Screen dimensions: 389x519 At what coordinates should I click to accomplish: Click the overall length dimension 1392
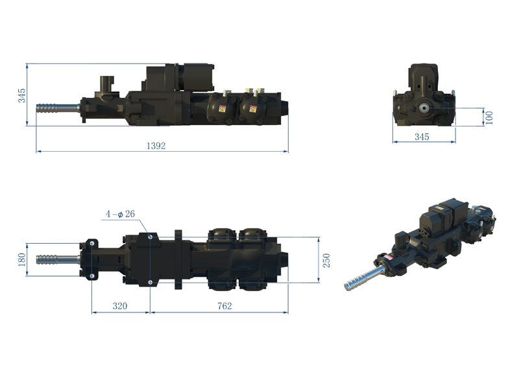pyautogui.click(x=156, y=146)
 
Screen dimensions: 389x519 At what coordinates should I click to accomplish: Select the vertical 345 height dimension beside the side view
pyautogui.click(x=21, y=95)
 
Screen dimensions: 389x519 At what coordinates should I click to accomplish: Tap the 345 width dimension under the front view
pyautogui.click(x=422, y=137)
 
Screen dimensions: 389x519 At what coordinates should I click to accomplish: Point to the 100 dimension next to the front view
pyautogui.click(x=489, y=117)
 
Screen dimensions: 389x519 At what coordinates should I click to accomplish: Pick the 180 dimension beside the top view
pyautogui.click(x=21, y=259)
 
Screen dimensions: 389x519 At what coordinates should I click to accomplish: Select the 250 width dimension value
pyautogui.click(x=327, y=260)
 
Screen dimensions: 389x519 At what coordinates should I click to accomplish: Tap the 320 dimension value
pyautogui.click(x=119, y=306)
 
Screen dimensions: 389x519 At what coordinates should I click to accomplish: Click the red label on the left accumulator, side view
pyautogui.click(x=223, y=108)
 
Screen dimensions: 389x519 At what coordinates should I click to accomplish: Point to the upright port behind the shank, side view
pyautogui.click(x=106, y=85)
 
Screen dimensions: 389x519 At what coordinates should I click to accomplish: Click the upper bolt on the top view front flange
pyautogui.click(x=92, y=243)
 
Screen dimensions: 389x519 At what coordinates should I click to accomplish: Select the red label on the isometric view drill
pyautogui.click(x=391, y=257)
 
